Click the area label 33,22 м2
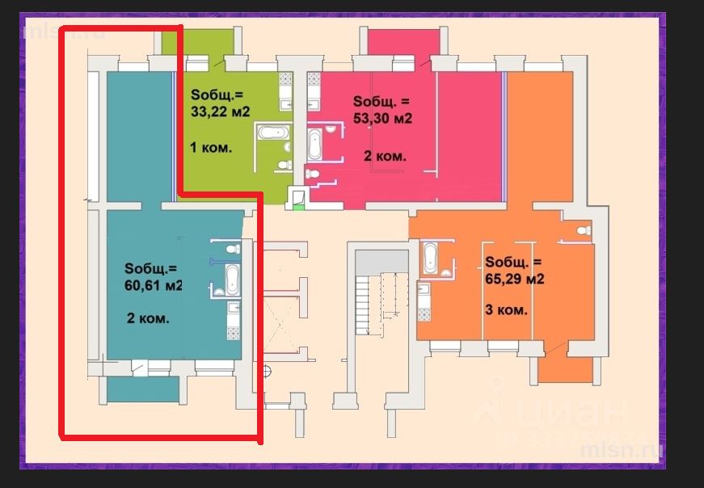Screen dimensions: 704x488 221,111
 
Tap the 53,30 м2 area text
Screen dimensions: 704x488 382,118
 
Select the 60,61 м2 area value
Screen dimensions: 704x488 153,285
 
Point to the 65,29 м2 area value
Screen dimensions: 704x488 515,279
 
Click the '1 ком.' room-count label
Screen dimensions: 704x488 211,147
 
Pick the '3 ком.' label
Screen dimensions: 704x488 506,309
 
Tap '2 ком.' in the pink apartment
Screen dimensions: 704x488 385,156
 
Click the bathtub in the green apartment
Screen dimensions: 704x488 273,133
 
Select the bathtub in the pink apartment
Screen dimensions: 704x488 314,145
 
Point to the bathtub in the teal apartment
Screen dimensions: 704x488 233,280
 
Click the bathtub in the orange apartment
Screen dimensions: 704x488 430,259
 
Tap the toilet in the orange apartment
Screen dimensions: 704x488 584,231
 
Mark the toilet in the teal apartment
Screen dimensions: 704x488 233,249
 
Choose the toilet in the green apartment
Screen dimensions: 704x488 285,165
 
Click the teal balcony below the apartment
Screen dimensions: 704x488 143,389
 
